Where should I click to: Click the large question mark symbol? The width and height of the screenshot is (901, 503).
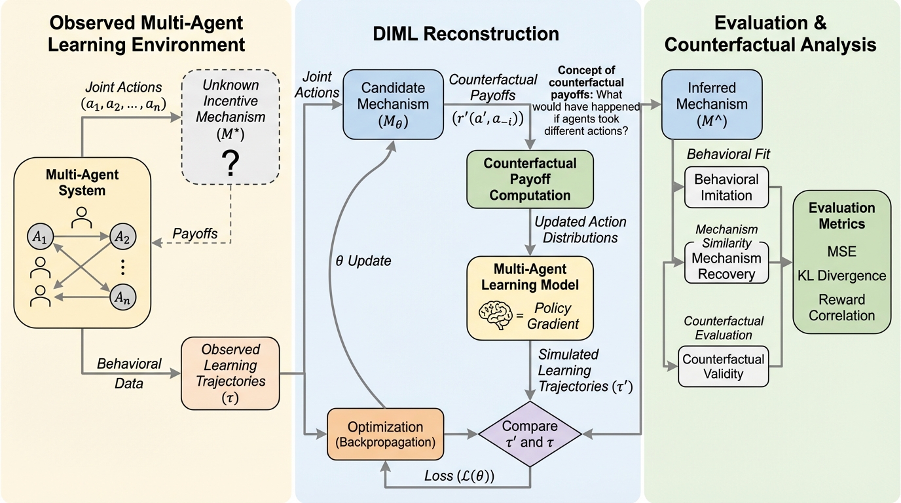(x=230, y=163)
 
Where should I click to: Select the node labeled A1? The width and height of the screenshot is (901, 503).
(x=39, y=237)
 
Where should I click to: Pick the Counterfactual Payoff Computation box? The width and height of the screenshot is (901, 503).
(x=529, y=179)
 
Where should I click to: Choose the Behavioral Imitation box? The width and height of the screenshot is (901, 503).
(x=726, y=187)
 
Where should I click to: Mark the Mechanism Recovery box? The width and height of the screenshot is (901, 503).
(x=726, y=265)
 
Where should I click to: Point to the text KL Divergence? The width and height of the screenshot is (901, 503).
(x=841, y=275)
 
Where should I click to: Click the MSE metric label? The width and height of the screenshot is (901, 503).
(x=841, y=251)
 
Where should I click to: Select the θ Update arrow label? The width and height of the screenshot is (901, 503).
(x=359, y=261)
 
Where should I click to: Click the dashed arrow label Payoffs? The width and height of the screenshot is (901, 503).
(x=195, y=234)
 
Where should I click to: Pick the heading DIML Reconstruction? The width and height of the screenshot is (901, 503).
(x=468, y=34)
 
